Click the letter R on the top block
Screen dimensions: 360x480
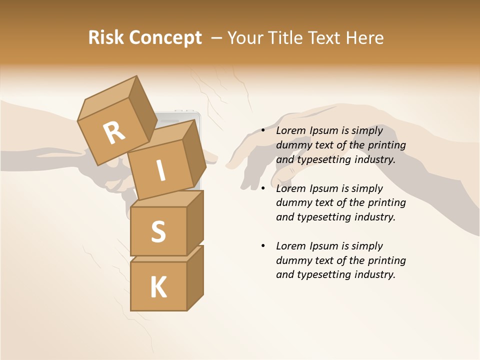(x=114, y=132)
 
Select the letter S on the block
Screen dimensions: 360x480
(x=158, y=231)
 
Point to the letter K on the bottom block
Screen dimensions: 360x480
(x=158, y=287)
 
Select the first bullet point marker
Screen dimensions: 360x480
(x=263, y=131)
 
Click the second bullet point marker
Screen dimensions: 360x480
(x=263, y=188)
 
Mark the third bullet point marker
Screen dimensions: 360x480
(x=263, y=246)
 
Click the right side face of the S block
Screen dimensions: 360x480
(x=195, y=222)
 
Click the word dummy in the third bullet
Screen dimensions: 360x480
(x=292, y=260)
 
